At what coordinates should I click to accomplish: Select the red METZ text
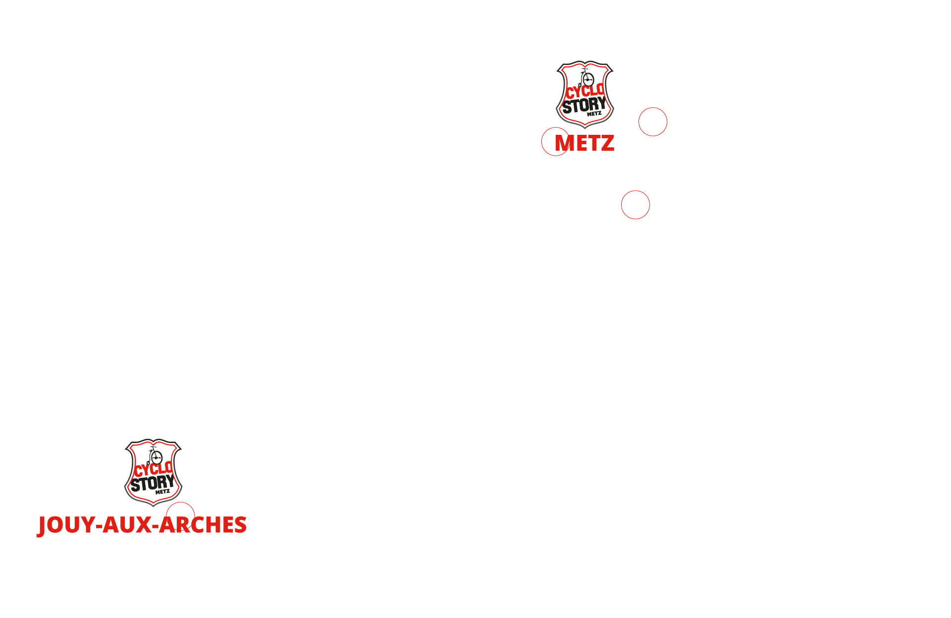coord(585,144)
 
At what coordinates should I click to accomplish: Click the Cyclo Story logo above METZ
coord(585,94)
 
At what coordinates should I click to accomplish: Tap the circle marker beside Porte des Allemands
coord(652,121)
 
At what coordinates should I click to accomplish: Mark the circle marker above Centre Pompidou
coord(635,205)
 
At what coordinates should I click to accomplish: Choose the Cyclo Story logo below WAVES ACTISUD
coord(154,473)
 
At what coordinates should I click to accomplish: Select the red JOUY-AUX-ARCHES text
coord(142,525)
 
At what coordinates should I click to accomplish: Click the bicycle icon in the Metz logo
coord(587,78)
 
